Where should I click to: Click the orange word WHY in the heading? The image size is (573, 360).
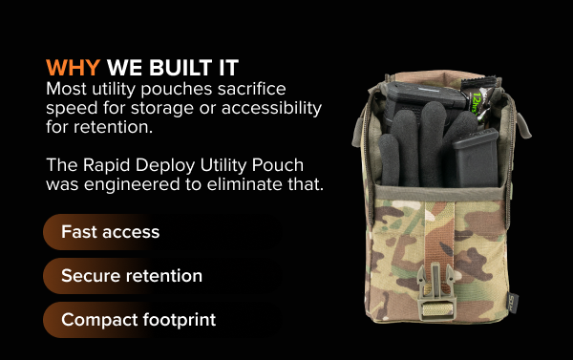73,69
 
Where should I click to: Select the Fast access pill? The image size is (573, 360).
110,232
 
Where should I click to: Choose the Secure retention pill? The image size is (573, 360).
132,276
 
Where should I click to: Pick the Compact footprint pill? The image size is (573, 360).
138,320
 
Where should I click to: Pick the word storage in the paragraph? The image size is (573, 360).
152,107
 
